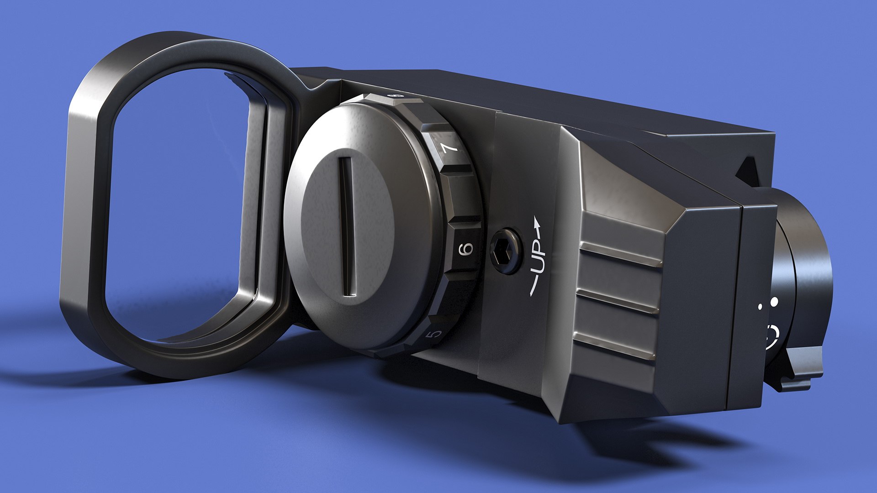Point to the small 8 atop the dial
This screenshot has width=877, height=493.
click(x=396, y=96)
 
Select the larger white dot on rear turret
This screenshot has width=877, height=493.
click(x=774, y=302)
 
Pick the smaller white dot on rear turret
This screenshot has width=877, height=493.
click(x=761, y=307)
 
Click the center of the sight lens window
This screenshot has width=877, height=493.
click(x=178, y=205)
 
